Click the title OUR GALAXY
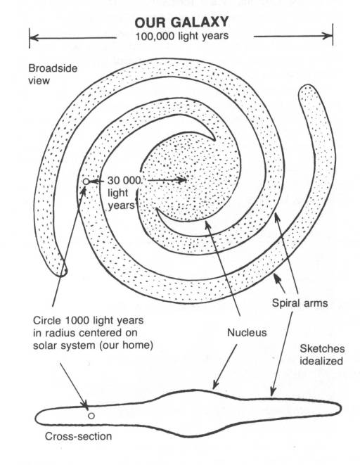click(181, 23)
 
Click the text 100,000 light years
click(182, 36)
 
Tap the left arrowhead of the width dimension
click(34, 38)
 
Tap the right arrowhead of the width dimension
click(328, 36)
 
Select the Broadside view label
click(53, 74)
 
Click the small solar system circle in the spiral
click(86, 181)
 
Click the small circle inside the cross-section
click(91, 416)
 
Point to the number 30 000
click(124, 180)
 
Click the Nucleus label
click(247, 333)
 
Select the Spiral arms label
click(300, 303)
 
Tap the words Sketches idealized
click(322, 355)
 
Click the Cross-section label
click(79, 436)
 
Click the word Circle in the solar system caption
click(47, 320)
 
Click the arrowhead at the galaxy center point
click(183, 179)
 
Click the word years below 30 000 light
click(121, 205)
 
